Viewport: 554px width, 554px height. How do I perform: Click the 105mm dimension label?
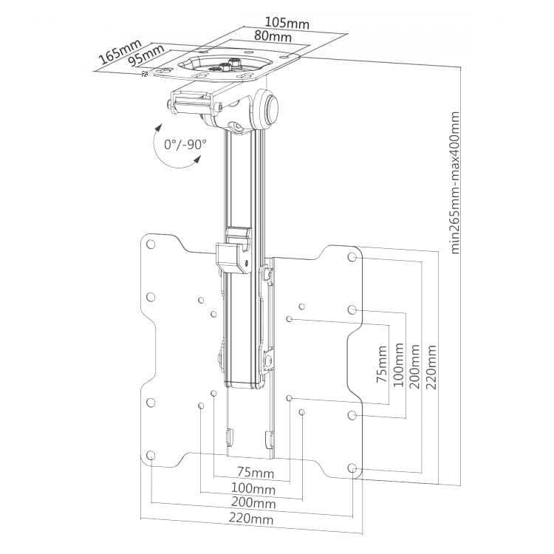(x=287, y=24)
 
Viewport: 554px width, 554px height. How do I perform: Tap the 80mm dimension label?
(x=273, y=36)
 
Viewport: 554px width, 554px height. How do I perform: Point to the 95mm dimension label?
(x=146, y=55)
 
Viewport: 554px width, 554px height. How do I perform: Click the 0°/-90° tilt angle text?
(x=185, y=145)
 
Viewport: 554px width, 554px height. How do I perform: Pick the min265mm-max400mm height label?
(x=455, y=182)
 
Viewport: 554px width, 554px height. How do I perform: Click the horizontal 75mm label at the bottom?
(x=256, y=472)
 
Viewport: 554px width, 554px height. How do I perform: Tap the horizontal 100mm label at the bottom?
(x=253, y=489)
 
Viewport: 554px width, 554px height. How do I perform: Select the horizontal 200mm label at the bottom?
(x=253, y=502)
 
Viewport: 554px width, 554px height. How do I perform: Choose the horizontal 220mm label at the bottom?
(x=251, y=519)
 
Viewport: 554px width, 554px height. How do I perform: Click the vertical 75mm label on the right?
(x=382, y=364)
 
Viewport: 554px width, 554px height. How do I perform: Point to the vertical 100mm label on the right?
(x=398, y=365)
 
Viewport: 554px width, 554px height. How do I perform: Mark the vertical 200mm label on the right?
(x=414, y=366)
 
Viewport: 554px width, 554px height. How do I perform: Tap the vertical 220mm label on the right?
(x=431, y=367)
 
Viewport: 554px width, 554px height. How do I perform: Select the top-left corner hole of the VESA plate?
(x=151, y=244)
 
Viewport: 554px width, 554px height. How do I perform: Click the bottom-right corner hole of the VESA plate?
(x=352, y=468)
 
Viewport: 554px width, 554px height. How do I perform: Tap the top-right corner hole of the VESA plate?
(x=352, y=257)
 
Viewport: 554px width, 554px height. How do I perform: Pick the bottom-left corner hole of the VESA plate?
(x=151, y=455)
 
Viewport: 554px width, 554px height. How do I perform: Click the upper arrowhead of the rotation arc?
(x=158, y=128)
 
